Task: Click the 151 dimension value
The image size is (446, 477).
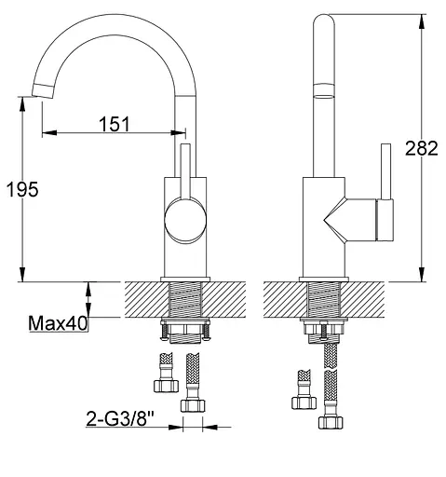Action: click(115, 124)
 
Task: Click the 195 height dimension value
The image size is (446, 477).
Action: click(22, 189)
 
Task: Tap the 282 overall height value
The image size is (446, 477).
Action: click(422, 148)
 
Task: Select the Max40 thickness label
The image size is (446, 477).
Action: click(58, 323)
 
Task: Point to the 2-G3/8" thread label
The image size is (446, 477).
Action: click(120, 418)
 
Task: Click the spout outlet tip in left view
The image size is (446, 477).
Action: click(44, 90)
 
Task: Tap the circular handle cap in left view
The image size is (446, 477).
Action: click(185, 220)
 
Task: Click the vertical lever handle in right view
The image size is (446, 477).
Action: click(385, 171)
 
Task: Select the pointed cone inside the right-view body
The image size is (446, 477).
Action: click(334, 220)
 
